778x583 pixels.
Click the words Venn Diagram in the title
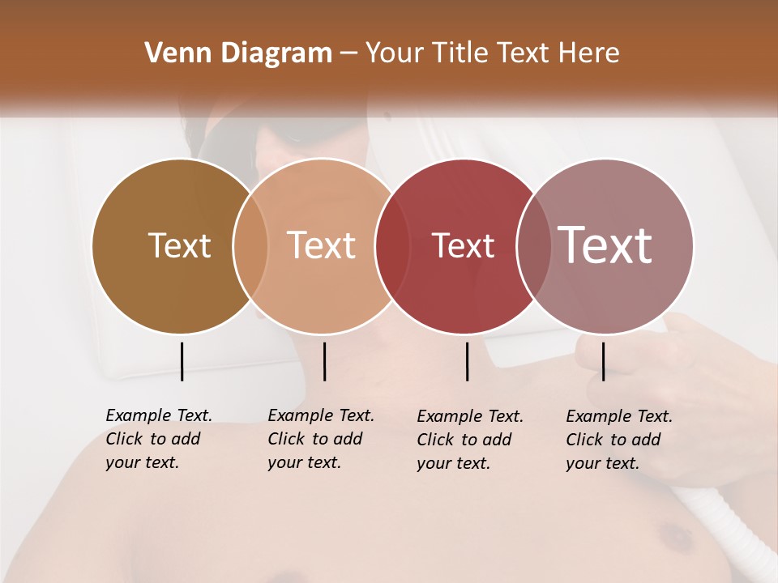tap(238, 53)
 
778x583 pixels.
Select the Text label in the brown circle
tap(179, 245)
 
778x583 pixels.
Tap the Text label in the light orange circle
tap(322, 245)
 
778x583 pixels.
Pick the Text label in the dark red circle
tap(463, 245)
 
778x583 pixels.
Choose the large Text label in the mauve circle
tap(605, 245)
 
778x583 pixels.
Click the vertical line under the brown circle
tap(182, 361)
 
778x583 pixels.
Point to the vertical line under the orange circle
tap(324, 361)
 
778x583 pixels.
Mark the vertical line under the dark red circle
tap(467, 361)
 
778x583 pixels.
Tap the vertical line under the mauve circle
tap(603, 361)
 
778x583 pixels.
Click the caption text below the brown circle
tap(158, 439)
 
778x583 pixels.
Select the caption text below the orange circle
tap(320, 439)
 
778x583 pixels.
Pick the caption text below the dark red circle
tap(469, 440)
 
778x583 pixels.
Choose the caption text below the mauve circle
tap(618, 440)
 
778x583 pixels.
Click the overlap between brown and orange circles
tap(250, 246)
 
